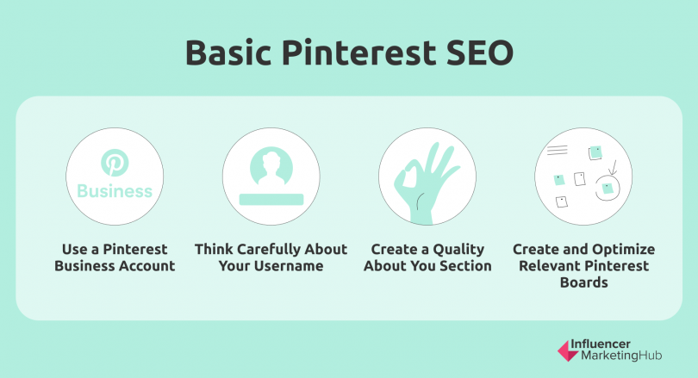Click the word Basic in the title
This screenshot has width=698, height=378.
coord(228,53)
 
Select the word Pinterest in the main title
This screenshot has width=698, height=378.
coord(358,53)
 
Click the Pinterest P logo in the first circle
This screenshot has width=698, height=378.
coord(115,163)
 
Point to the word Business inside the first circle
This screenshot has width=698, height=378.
coord(115,191)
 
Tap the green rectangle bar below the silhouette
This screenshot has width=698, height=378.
coord(271,199)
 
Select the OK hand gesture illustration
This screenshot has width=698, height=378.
coord(425,183)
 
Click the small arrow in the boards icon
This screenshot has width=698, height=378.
coord(613,168)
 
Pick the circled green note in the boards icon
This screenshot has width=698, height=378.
coord(608,188)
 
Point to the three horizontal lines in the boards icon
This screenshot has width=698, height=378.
coord(557,151)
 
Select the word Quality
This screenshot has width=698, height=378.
coord(458,250)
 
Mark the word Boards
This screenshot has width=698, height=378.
coord(583,282)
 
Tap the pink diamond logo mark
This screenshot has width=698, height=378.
coord(569,350)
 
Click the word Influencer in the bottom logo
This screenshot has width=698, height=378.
coord(601,344)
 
